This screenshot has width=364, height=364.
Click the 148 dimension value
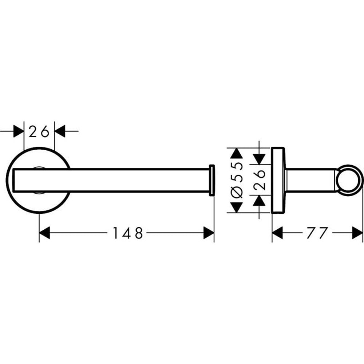[127, 233]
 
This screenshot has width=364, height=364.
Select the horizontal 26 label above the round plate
[39, 131]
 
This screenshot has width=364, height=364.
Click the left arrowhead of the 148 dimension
[44, 233]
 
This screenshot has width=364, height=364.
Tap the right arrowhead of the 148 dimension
[209, 233]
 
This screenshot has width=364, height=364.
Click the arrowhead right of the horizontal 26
[60, 131]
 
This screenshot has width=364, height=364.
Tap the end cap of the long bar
[212, 180]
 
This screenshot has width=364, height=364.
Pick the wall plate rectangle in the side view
[278, 180]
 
